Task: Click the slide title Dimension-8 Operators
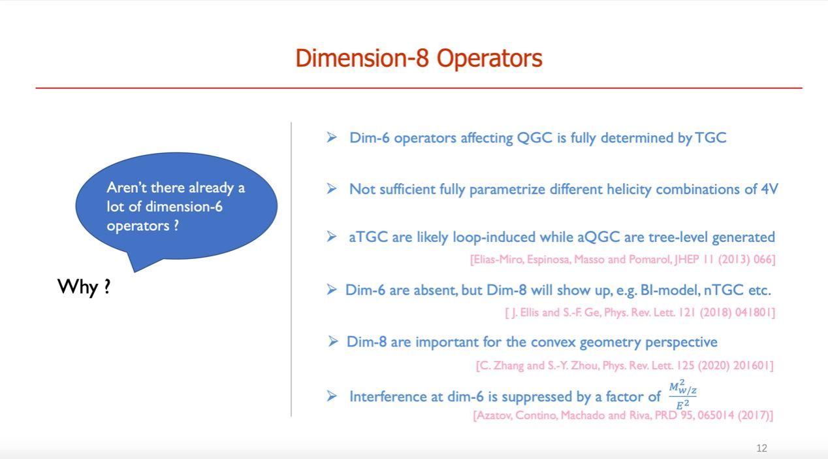[x=419, y=58]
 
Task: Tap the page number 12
[x=762, y=449]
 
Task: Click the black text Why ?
[x=84, y=287]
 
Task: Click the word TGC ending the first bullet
[x=710, y=138]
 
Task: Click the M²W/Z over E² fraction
[x=683, y=394]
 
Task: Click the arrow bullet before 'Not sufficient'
[x=332, y=189]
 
